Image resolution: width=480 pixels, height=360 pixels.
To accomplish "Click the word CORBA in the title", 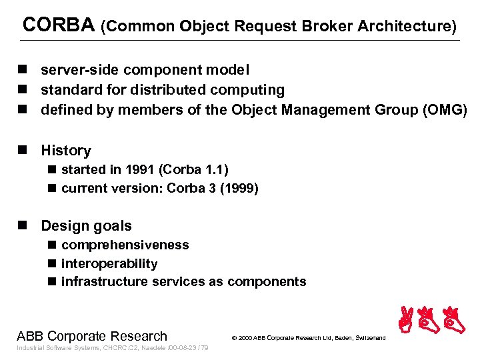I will (x=59, y=25).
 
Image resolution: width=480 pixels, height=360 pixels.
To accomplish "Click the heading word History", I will (x=65, y=151).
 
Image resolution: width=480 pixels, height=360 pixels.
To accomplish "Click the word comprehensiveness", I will (x=125, y=245).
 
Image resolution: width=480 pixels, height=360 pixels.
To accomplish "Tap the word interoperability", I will (x=109, y=263).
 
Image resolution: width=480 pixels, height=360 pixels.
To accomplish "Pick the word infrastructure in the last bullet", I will (x=105, y=281).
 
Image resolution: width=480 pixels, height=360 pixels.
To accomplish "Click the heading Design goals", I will (x=86, y=226).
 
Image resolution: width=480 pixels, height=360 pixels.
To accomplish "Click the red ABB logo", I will (x=431, y=320).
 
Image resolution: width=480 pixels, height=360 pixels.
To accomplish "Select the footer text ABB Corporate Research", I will (x=92, y=336).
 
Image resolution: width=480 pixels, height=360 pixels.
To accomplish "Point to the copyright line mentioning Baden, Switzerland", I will (x=308, y=338).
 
